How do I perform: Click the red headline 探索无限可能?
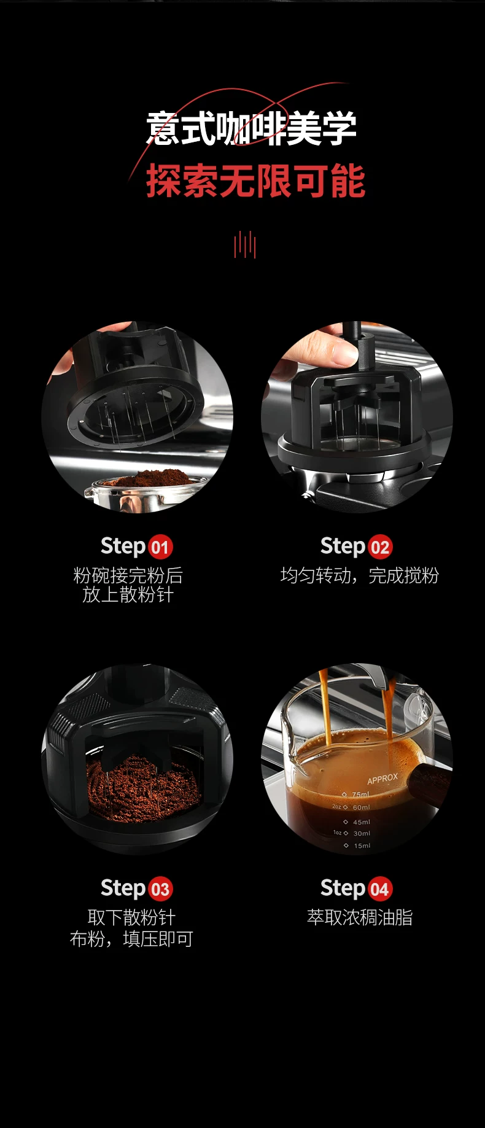click(255, 181)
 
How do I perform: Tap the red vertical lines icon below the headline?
click(244, 244)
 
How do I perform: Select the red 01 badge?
click(160, 547)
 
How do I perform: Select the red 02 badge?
click(380, 547)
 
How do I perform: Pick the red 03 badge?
click(160, 889)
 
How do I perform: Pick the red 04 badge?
click(380, 889)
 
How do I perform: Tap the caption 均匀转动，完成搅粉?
click(360, 575)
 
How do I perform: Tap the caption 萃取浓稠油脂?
click(360, 917)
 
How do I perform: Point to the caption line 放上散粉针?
click(128, 595)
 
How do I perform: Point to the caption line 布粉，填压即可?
click(131, 939)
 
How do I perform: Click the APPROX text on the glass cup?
click(382, 779)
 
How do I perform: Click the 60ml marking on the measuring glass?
click(362, 807)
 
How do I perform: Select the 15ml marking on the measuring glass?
click(362, 846)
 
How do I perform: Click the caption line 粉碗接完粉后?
click(128, 575)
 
